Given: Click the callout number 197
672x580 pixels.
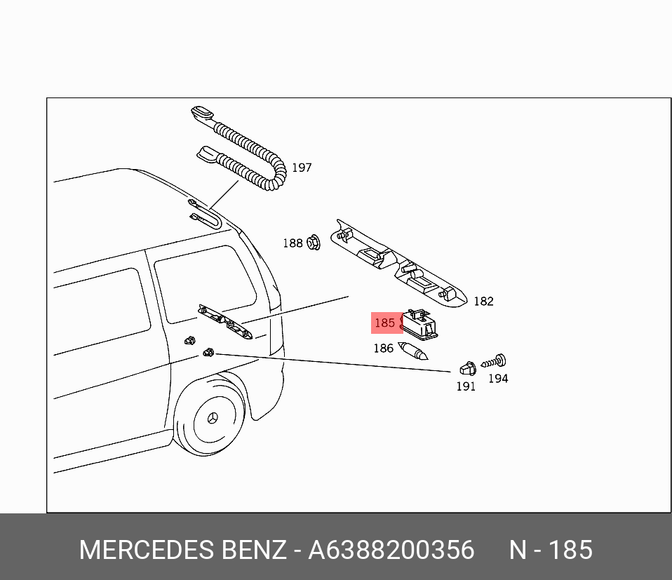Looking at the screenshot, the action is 302,168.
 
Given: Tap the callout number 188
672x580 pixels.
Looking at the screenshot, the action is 293,243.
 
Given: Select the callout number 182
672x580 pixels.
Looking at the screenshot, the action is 483,301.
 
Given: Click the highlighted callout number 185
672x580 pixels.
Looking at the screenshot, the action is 384,323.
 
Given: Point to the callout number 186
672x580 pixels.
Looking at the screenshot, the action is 383,349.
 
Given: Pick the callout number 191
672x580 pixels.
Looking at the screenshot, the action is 466,386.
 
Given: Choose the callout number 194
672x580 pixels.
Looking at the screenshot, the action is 498,379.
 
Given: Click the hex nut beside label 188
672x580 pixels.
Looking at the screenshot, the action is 314,243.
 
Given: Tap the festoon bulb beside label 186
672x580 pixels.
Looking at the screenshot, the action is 412,351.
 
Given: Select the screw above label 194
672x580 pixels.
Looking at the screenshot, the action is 494,362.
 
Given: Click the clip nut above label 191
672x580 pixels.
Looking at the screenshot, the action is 468,369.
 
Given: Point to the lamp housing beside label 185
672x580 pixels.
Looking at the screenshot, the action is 419,324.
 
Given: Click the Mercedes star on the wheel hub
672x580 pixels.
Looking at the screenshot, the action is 213,418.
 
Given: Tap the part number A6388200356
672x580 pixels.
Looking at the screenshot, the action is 391,550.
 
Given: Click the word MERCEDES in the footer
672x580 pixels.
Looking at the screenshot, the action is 147,550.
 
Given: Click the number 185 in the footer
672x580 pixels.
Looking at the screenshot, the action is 570,550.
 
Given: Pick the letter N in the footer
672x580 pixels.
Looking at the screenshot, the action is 518,550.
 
